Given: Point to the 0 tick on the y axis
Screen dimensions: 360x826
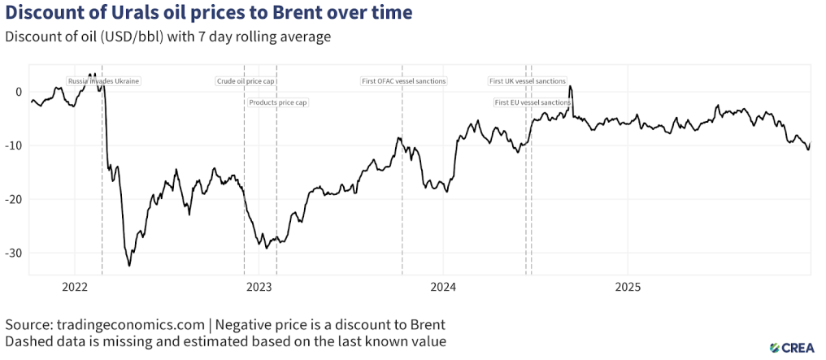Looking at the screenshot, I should coord(20,91).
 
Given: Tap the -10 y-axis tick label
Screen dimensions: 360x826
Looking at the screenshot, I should coord(15,145).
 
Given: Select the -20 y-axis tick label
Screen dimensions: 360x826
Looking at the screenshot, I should coord(15,199).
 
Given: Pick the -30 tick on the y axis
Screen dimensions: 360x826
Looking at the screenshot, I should coord(15,253).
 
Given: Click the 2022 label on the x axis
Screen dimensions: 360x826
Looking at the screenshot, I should coord(74,287).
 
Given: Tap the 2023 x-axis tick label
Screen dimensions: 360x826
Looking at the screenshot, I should coord(259,287).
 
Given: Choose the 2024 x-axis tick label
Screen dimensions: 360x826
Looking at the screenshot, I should coord(443,287).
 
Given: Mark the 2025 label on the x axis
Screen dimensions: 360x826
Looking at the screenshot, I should coord(628,287).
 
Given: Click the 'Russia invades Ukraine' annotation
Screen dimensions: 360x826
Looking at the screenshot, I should coord(103,81).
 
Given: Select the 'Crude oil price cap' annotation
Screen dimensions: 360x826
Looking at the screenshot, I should coord(246,81).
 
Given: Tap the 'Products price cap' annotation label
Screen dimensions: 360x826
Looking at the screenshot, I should coord(277,102).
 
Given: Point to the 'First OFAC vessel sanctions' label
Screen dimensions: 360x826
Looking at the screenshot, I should coord(403,81).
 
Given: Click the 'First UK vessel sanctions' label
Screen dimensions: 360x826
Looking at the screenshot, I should coord(527,81).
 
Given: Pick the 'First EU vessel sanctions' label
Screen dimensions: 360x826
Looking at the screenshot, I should coord(533,102).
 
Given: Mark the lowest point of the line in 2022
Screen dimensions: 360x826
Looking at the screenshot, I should coord(129,266).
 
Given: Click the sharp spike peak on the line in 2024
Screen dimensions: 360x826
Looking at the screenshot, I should coord(570,86).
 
